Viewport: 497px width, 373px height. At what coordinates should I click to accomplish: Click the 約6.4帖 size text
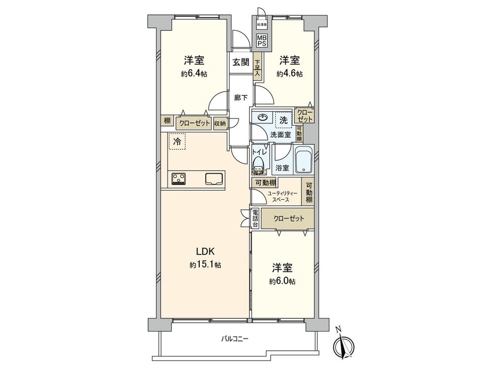point(194,74)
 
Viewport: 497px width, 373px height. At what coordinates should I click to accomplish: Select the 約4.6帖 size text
point(289,74)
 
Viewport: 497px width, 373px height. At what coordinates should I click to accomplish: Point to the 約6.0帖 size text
point(283,281)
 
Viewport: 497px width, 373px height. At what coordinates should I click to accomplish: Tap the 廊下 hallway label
point(241,98)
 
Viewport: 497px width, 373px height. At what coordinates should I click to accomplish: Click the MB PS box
point(261,40)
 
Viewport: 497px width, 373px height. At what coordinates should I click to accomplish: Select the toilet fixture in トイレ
point(259,165)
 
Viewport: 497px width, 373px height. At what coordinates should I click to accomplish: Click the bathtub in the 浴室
point(303,161)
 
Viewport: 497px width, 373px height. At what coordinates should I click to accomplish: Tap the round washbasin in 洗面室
point(262,118)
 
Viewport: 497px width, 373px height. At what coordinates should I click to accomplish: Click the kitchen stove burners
point(179,178)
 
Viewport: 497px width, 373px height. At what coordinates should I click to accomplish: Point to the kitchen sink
point(214,178)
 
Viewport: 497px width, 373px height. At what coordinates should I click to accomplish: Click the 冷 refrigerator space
point(177,142)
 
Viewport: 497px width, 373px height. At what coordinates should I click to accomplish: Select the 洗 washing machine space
point(283,119)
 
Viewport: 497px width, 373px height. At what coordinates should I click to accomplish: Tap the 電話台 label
point(255,219)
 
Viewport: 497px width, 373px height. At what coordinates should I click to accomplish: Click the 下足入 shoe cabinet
point(258,68)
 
